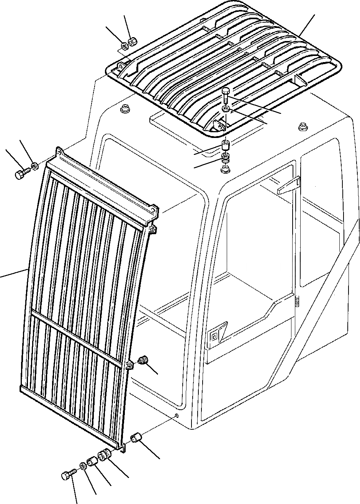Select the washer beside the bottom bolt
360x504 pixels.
[x=82, y=466]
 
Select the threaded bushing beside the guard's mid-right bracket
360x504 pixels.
[x=144, y=360]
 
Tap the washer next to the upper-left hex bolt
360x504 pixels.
[x=34, y=166]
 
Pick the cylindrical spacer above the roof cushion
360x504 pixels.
[x=226, y=146]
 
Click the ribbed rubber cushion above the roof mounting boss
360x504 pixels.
[x=226, y=158]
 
